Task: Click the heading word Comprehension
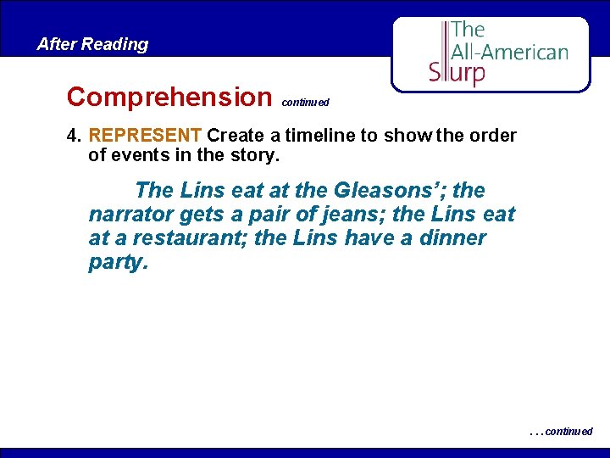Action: pos(167,97)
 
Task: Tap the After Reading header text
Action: pos(92,44)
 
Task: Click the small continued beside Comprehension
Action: pos(305,103)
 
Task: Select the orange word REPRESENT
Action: pos(145,136)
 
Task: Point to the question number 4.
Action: pos(73,136)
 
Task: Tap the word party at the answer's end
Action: pos(118,262)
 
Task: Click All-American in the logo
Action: pos(509,52)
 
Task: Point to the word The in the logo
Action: pos(468,30)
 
